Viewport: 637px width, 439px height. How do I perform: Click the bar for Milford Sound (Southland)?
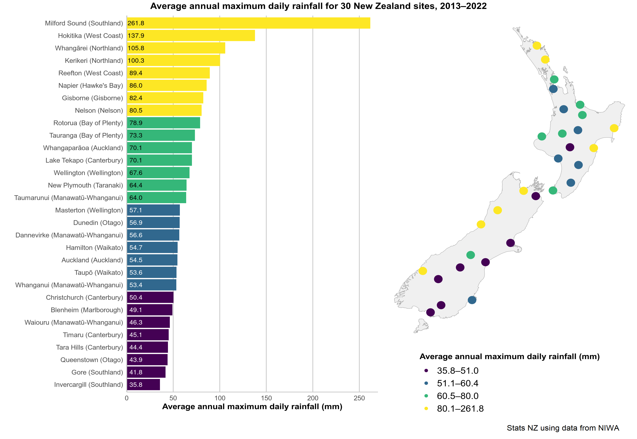[x=248, y=23]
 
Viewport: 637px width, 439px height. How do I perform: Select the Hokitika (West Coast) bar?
[x=191, y=35]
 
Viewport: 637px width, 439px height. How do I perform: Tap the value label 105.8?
[x=136, y=48]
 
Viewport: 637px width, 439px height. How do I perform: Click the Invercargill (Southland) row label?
[x=88, y=385]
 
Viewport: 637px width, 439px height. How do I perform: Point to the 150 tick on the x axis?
[x=266, y=398]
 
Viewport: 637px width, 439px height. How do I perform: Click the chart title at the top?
[x=318, y=6]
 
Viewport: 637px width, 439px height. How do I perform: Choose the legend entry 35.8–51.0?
[x=458, y=370]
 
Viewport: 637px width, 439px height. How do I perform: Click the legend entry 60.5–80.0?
[x=458, y=396]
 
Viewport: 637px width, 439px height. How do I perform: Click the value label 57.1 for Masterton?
[x=136, y=210]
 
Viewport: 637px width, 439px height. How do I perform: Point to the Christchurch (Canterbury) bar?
[x=150, y=297]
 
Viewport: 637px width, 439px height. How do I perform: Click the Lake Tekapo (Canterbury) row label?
[x=84, y=160]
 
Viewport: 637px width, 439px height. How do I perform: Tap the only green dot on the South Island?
[x=471, y=255]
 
